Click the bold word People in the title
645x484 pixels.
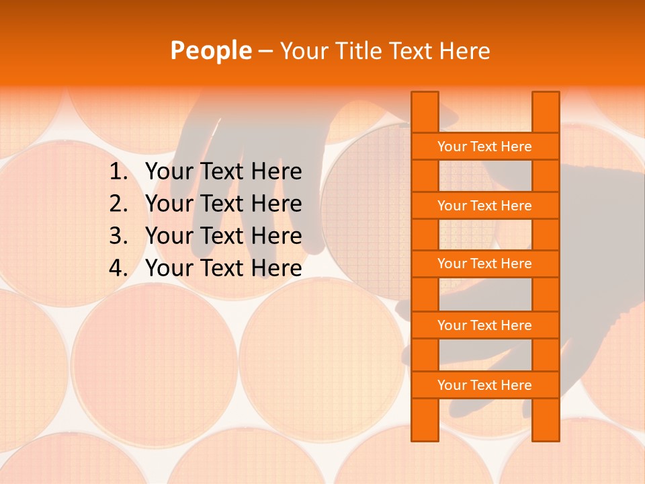[210, 50]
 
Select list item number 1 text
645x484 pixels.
[223, 172]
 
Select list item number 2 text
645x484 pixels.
[223, 204]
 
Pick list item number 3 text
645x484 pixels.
[223, 236]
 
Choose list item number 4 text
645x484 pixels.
[223, 268]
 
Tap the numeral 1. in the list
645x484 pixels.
[118, 172]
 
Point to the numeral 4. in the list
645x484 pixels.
[118, 268]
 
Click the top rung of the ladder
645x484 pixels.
[484, 147]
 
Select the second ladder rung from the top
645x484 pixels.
[484, 206]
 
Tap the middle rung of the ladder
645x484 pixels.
[484, 264]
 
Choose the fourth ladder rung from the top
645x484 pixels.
[484, 325]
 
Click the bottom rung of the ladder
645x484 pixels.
[484, 385]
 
